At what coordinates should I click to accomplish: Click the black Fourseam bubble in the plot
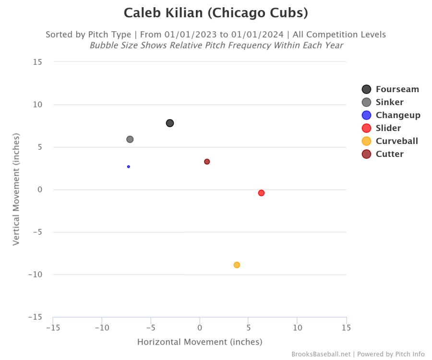(x=170, y=123)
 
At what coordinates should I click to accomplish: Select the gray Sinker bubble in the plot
(x=130, y=139)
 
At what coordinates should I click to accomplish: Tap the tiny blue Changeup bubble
(x=129, y=167)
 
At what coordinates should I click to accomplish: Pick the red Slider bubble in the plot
(x=261, y=193)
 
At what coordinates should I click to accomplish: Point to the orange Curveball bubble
(x=237, y=265)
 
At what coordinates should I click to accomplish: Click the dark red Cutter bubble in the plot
(x=207, y=162)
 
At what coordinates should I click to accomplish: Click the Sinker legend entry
(x=389, y=102)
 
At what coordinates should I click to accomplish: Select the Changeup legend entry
(x=398, y=115)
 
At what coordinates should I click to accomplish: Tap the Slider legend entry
(x=388, y=128)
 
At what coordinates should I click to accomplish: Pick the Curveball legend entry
(x=396, y=141)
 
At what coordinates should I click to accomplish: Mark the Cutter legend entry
(x=389, y=154)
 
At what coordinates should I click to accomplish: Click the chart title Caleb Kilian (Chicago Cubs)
(x=216, y=13)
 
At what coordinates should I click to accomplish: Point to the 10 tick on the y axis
(x=37, y=105)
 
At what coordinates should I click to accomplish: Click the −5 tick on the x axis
(x=151, y=328)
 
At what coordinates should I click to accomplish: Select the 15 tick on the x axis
(x=346, y=328)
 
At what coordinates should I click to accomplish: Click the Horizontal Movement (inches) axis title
(x=200, y=342)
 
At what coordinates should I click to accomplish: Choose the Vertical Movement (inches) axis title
(x=16, y=189)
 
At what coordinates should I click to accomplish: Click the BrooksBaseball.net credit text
(x=321, y=354)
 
